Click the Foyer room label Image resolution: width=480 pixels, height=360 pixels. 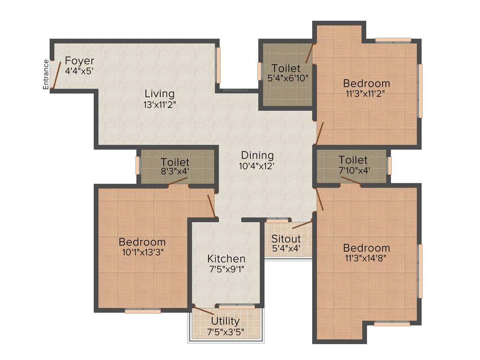click(79, 61)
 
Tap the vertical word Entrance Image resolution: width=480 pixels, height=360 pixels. click(46, 75)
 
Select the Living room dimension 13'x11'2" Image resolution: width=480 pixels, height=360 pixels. click(159, 105)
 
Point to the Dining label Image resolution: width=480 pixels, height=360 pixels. click(257, 155)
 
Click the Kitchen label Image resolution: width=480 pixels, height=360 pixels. click(226, 259)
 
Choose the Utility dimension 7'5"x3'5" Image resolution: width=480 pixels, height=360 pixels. click(225, 332)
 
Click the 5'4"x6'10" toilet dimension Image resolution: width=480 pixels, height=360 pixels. click(287, 78)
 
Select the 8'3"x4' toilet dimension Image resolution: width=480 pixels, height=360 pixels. click(174, 172)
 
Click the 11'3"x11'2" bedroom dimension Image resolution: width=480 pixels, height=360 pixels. click(366, 93)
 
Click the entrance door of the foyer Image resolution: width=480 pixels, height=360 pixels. click(55, 75)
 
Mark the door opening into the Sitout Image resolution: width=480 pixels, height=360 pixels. click(302, 224)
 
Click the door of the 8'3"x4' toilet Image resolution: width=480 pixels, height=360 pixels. click(179, 183)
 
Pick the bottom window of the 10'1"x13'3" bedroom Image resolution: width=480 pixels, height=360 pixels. click(142, 311)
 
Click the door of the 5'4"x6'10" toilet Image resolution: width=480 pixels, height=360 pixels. click(309, 53)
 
